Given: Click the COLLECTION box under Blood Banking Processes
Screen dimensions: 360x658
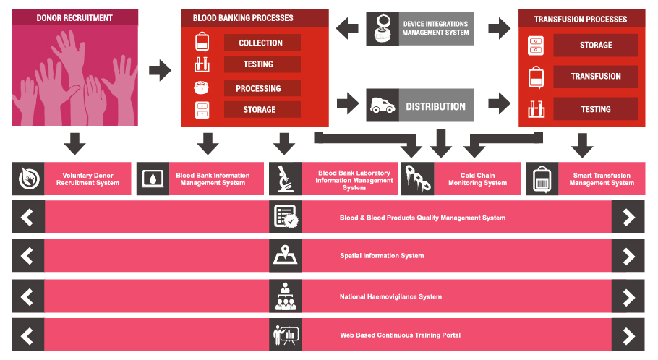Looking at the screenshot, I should coord(261,43).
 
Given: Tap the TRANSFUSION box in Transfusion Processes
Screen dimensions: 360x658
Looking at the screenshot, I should coord(596,76).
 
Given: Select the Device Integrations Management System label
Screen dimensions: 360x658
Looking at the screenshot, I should coord(435,28).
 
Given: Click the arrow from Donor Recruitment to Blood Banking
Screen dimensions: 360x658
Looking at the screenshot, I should coord(160,70).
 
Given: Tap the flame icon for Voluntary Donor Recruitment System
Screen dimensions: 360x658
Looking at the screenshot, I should coord(27,179).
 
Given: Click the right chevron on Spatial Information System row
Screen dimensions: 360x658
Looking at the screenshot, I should coord(628,256).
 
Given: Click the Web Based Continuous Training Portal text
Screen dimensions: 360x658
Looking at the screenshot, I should coord(400,335).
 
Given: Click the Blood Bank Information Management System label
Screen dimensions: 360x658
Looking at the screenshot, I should coord(213,179).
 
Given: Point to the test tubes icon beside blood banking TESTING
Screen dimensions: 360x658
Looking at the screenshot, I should coord(202,65).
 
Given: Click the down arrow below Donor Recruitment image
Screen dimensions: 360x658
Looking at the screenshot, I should coord(74,143).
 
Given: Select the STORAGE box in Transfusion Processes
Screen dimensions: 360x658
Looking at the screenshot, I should coord(596,45).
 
